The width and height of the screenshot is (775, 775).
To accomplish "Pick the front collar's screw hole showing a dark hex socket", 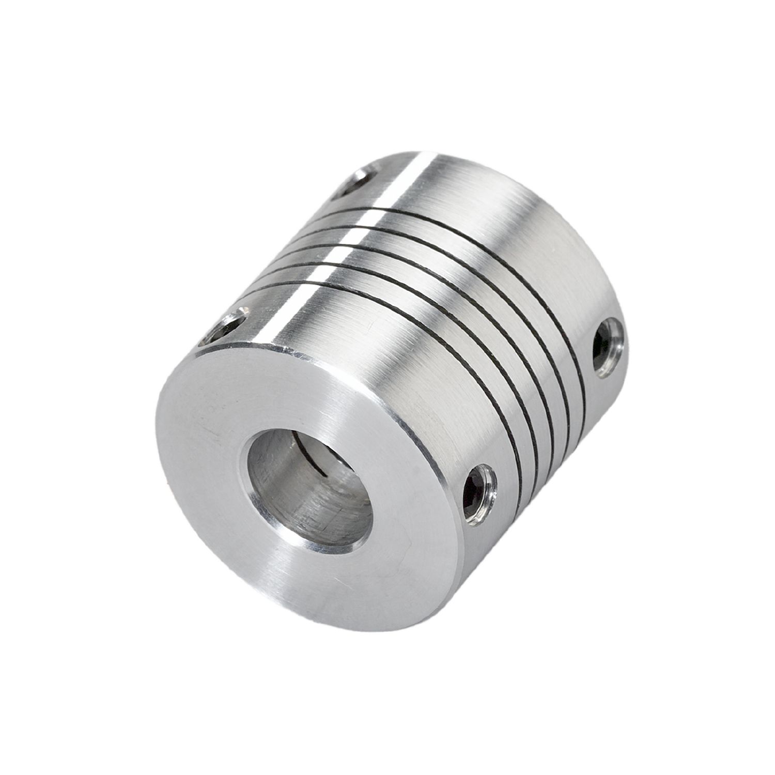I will (479, 488).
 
